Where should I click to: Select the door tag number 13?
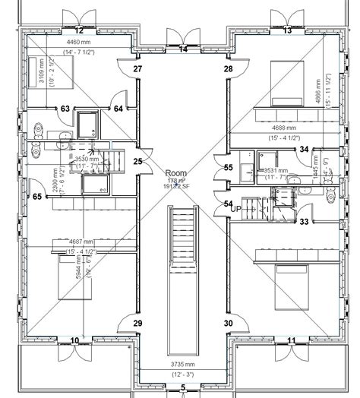[287, 30]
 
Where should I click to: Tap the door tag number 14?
[184, 49]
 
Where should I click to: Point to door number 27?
[137, 69]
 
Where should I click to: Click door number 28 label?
[228, 69]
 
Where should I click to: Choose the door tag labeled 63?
[66, 109]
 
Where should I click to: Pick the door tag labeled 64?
[118, 109]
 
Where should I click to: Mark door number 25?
[137, 161]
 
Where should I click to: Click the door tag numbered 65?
[37, 197]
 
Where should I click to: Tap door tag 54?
[229, 203]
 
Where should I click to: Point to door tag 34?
[304, 150]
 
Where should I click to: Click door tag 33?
[303, 222]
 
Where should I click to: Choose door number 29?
[137, 324]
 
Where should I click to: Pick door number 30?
[228, 324]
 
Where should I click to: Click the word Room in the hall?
[175, 174]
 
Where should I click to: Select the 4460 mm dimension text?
[78, 42]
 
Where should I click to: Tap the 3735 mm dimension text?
[182, 365]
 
